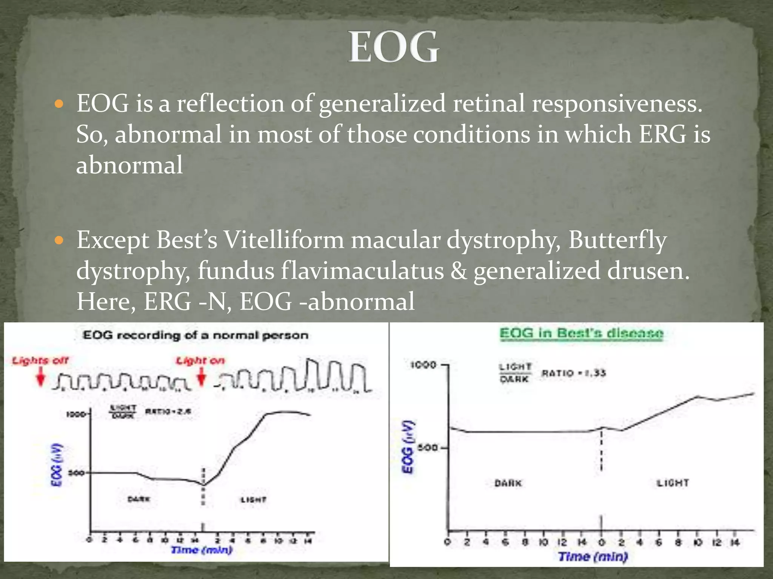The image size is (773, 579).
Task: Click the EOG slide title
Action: coord(393,47)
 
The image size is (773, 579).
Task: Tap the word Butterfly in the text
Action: coord(617,240)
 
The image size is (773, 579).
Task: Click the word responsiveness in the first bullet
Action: coord(617,103)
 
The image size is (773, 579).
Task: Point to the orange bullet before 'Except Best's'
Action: coord(60,240)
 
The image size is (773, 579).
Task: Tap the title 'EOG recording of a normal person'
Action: coord(196,335)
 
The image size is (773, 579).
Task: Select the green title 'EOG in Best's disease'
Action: coord(581,334)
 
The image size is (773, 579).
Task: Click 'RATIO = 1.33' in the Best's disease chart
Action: coord(574,373)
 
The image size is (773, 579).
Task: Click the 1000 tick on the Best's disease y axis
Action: coord(423,365)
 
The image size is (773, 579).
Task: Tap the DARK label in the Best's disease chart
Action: coord(508,483)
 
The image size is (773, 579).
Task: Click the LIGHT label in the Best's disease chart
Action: coord(673,483)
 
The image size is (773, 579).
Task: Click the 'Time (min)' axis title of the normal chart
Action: coord(202,550)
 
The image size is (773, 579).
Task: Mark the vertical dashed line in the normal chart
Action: coord(203,486)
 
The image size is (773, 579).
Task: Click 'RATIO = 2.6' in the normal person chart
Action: coord(168,411)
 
